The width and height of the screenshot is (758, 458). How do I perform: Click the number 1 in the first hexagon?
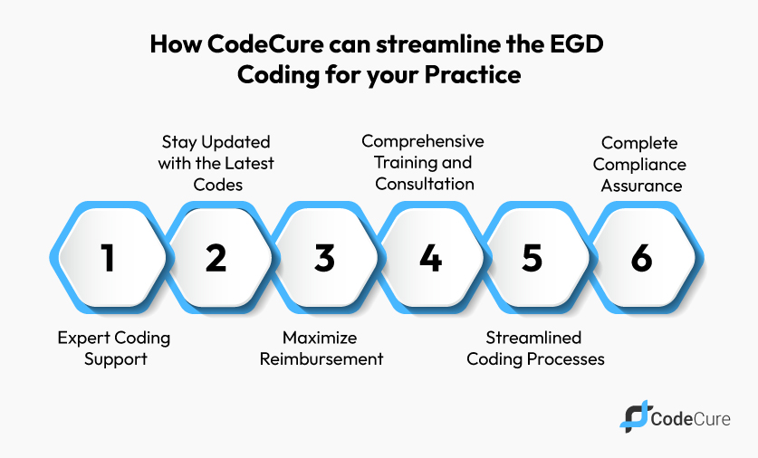108,258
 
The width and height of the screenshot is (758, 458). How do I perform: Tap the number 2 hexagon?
216,258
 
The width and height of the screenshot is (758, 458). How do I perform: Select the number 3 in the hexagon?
323,258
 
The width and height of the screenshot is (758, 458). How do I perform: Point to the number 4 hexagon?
430,258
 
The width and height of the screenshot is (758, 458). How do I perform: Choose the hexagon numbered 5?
533,258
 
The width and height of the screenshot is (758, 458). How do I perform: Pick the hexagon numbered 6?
641,258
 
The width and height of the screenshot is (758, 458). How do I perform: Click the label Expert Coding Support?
113,348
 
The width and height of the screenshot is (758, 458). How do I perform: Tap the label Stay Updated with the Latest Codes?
216,164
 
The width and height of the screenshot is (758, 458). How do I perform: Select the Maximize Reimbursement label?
321,348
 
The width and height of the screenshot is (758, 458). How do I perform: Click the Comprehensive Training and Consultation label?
422,163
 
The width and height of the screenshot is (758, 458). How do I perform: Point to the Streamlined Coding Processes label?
534,348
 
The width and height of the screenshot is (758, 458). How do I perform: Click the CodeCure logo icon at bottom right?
635,415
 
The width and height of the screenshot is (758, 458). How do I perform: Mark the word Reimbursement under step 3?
321,358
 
